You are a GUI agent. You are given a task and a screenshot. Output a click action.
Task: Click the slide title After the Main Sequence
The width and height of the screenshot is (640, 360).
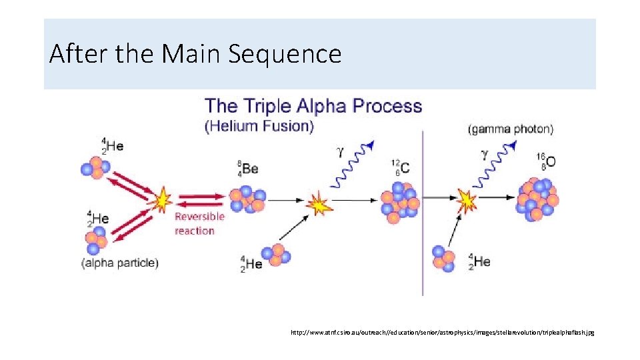pos(195,53)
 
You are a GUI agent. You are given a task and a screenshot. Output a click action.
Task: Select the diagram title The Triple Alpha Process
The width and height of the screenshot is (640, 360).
pos(313,106)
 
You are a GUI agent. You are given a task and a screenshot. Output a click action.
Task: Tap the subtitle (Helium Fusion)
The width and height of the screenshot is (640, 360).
pos(259,126)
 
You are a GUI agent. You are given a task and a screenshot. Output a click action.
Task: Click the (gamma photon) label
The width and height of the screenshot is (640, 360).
pos(511,129)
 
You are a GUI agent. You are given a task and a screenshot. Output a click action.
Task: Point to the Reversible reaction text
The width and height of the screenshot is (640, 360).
pos(199,223)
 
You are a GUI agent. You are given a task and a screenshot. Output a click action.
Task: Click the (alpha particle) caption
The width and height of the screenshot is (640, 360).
pos(120,263)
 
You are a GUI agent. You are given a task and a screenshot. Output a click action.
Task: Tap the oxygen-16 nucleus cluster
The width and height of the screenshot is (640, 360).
pos(537,198)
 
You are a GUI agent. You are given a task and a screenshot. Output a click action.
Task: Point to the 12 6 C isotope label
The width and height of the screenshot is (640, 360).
pos(401,167)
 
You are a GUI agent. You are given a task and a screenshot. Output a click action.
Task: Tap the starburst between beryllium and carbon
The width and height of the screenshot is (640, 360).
pos(319,204)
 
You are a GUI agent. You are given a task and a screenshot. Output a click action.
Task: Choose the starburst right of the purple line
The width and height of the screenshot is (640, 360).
pos(467,199)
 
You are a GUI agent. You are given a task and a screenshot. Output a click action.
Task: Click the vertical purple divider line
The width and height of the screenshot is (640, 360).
pos(423,213)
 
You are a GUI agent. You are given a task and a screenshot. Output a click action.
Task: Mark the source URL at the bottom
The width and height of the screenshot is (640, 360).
pos(442,331)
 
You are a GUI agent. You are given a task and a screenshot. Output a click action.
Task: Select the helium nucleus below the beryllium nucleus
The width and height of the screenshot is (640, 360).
pos(277,255)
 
